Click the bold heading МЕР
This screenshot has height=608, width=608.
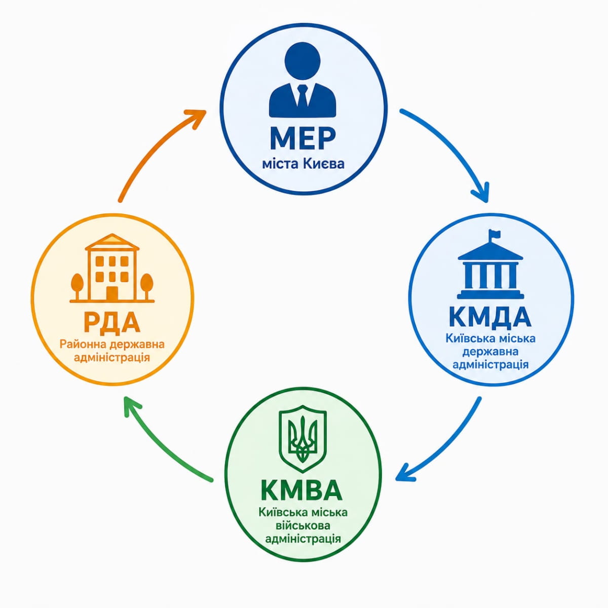click(303, 138)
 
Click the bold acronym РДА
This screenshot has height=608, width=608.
click(112, 322)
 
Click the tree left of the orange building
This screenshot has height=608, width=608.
click(78, 285)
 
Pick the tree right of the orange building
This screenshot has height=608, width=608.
click(146, 285)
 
